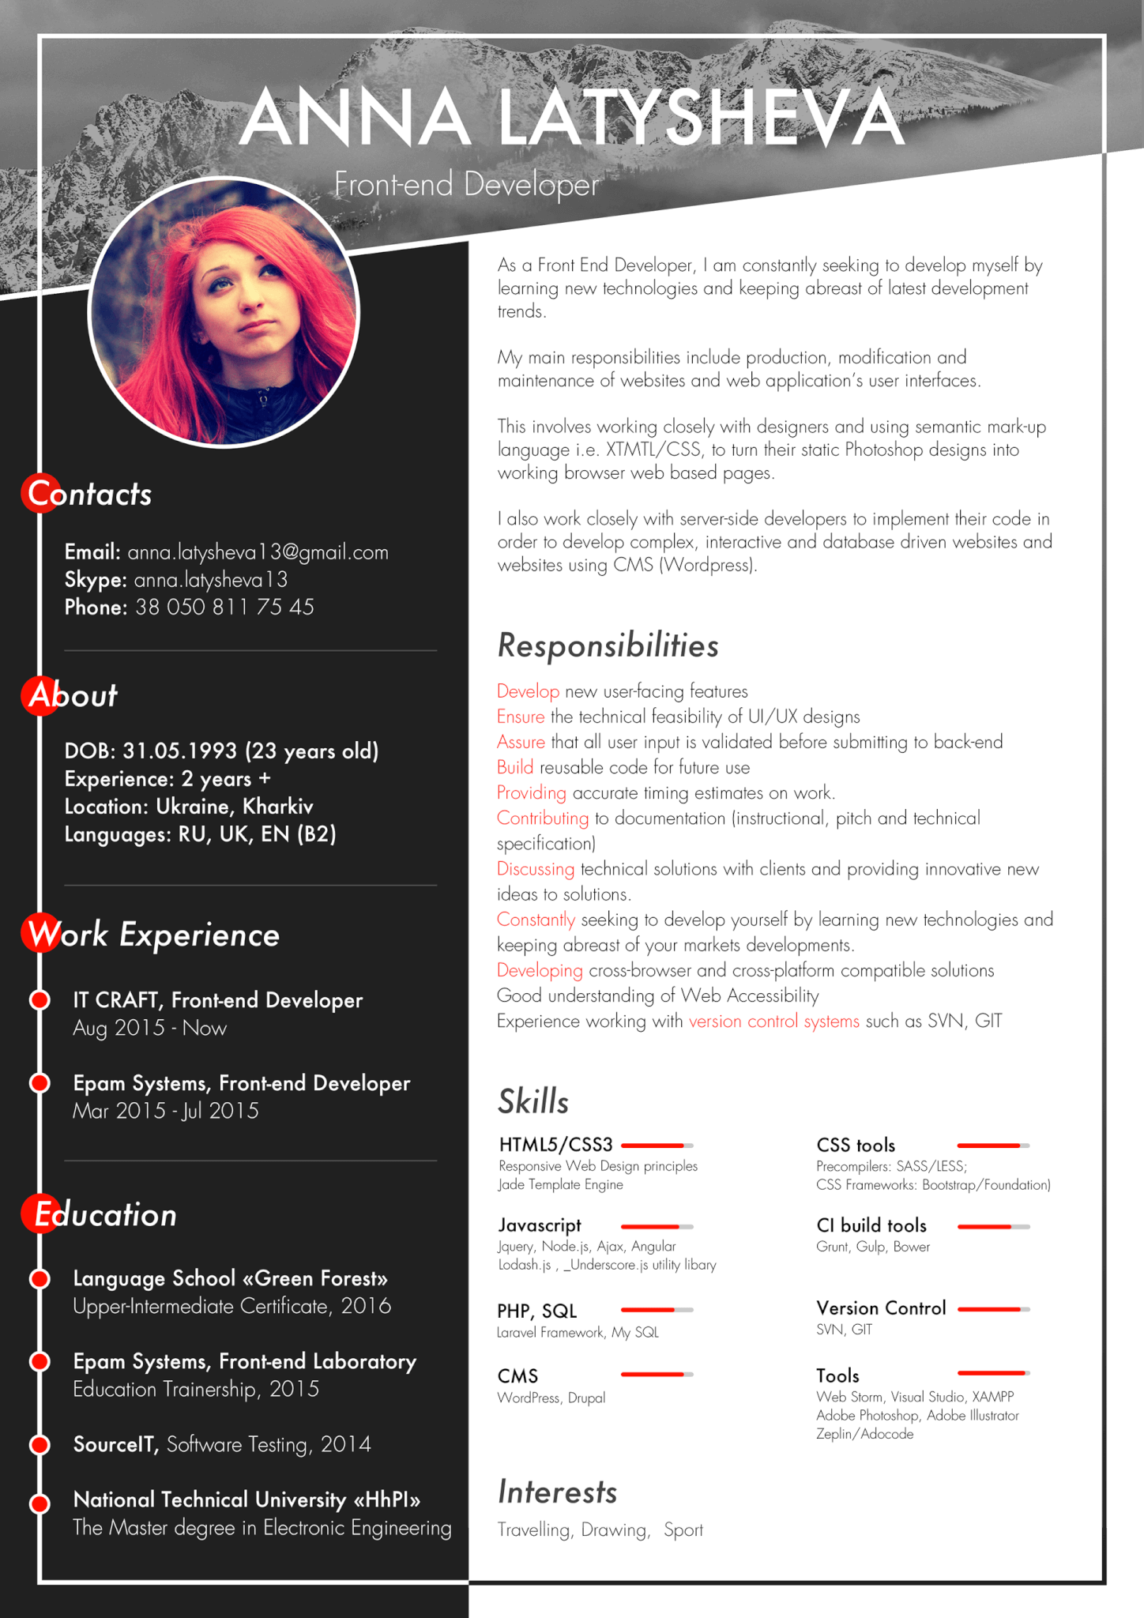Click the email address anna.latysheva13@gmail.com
258,552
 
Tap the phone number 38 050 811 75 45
224,608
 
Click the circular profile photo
224,312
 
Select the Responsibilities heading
608,645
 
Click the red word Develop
528,691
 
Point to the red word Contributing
542,818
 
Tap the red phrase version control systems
773,1022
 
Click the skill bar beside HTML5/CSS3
657,1146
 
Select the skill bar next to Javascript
657,1227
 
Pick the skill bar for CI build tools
993,1227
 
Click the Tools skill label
837,1375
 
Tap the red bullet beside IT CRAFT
40,1000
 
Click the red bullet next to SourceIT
40,1444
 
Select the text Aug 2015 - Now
149,1029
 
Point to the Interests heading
557,1492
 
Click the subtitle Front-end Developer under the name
466,184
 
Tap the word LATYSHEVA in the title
701,119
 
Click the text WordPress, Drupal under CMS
551,1398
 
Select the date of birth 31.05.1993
179,751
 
